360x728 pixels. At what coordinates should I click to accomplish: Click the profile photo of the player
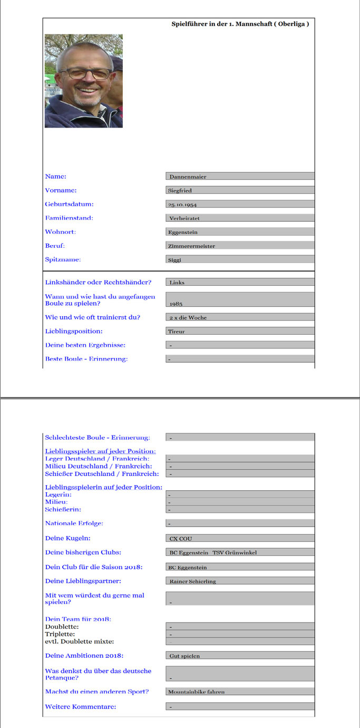tap(84, 81)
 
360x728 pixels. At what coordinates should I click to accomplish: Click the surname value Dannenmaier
tap(188, 177)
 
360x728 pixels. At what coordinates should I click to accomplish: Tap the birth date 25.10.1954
tap(182, 205)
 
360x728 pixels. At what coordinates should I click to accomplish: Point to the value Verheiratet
tap(184, 218)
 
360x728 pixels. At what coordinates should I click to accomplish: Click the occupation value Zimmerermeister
tap(191, 246)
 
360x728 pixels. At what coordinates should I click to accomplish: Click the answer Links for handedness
tap(177, 283)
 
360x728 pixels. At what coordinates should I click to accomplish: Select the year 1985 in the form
tap(176, 304)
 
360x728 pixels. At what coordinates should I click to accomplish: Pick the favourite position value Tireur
tap(176, 332)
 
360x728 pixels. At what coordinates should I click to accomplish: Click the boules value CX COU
tap(181, 538)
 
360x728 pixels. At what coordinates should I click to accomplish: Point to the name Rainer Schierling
tap(192, 581)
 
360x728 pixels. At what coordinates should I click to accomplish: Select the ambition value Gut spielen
tap(184, 656)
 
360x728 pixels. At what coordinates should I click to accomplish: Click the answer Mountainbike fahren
tap(196, 692)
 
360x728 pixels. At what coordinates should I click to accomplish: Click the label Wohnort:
tap(61, 232)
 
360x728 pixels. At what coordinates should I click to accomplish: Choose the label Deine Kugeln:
tap(67, 538)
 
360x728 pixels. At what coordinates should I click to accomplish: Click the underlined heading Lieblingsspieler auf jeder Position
tap(100, 451)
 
